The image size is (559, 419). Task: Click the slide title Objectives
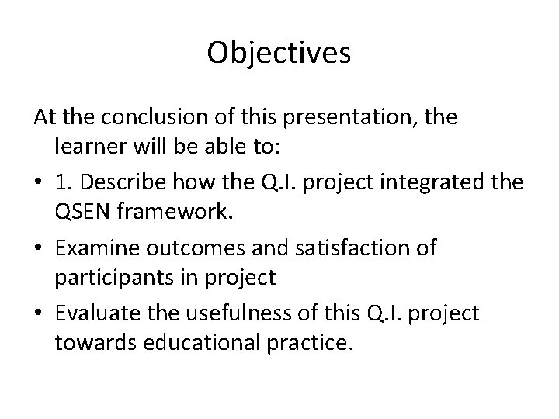pyautogui.click(x=279, y=54)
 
